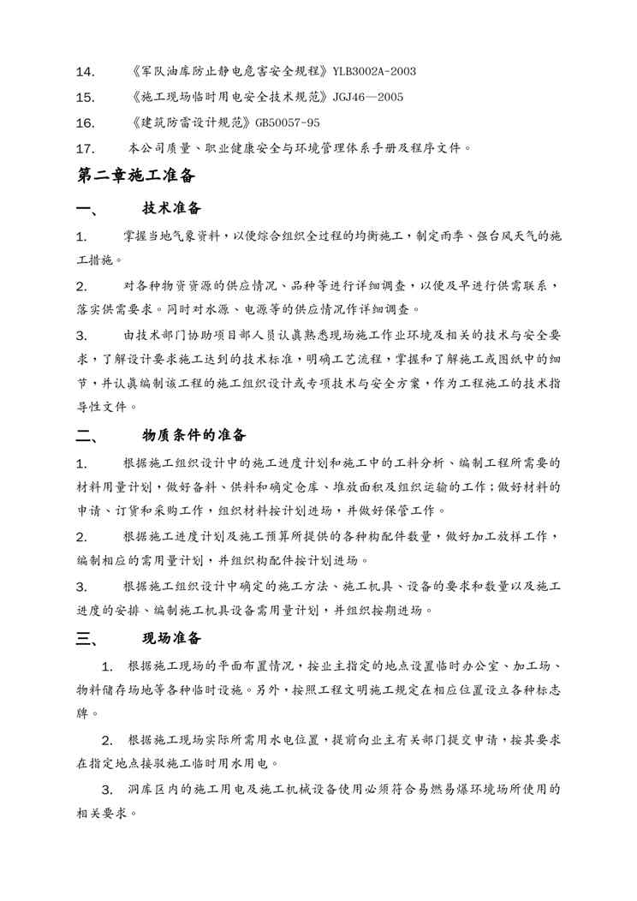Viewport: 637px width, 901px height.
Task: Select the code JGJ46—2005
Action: click(x=364, y=97)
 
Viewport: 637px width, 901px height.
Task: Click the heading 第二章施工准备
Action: click(x=137, y=176)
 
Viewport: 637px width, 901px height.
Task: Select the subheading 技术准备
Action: click(x=172, y=209)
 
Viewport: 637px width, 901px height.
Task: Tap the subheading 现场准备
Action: click(x=172, y=638)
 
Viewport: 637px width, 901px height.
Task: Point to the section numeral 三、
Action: click(x=87, y=639)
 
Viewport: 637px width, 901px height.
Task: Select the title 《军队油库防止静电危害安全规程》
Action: click(x=225, y=71)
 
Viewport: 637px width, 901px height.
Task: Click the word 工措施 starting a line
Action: click(x=95, y=259)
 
